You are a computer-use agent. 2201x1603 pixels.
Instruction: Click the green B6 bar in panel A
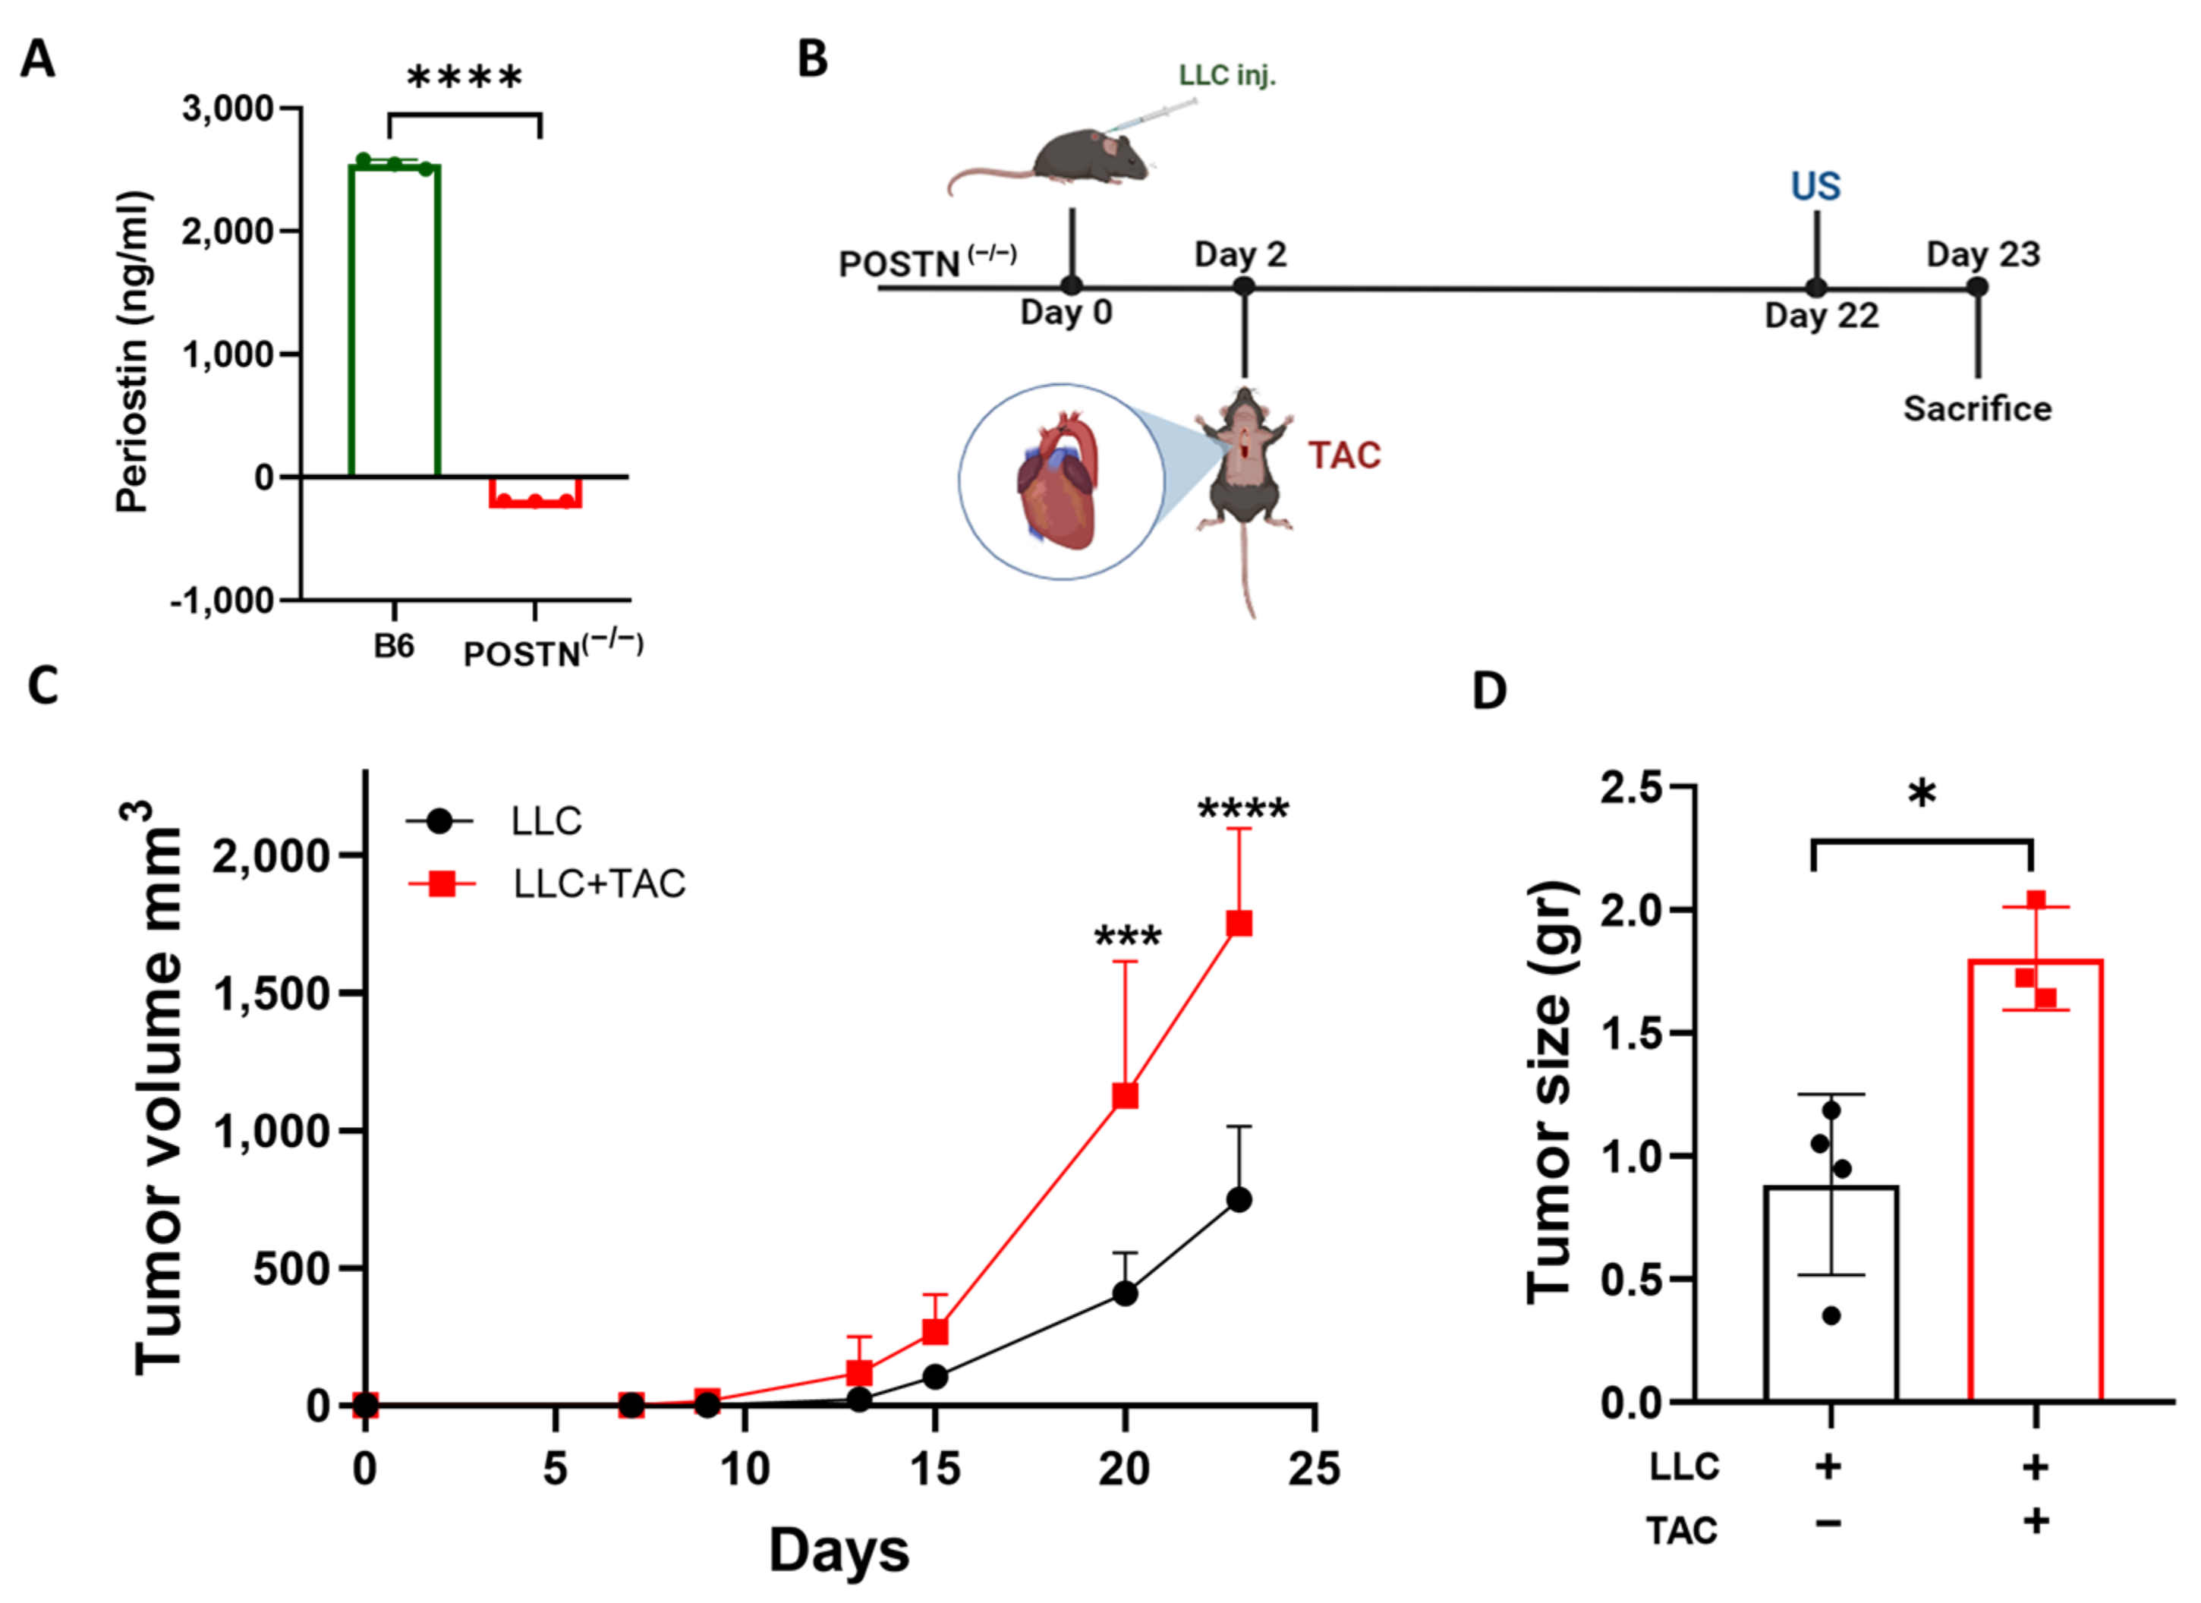(x=394, y=320)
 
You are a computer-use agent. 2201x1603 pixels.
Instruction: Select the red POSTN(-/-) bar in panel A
(x=536, y=493)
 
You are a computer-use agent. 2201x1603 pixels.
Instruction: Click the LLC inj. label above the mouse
(x=1226, y=76)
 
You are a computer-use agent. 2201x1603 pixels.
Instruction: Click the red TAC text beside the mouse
(x=1344, y=455)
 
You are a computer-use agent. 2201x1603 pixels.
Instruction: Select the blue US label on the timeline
(x=1815, y=186)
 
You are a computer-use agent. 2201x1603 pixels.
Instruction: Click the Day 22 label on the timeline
(x=1822, y=317)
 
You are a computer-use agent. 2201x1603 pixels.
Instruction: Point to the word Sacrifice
(x=1977, y=408)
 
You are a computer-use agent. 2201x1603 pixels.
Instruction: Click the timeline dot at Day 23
(x=1978, y=287)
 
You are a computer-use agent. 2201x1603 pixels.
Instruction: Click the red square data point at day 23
(x=1239, y=923)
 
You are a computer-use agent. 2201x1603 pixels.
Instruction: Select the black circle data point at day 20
(x=1125, y=1293)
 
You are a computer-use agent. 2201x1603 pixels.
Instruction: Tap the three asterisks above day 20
(x=1127, y=937)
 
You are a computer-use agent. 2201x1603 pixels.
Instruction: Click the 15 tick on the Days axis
(x=934, y=1469)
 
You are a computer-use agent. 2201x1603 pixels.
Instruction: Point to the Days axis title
(x=839, y=1551)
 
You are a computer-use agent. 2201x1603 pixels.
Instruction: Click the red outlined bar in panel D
(x=2035, y=1179)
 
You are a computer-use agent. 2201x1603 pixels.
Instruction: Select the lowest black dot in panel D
(x=1831, y=1317)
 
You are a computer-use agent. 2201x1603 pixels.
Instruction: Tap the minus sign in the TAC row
(x=1828, y=1523)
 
